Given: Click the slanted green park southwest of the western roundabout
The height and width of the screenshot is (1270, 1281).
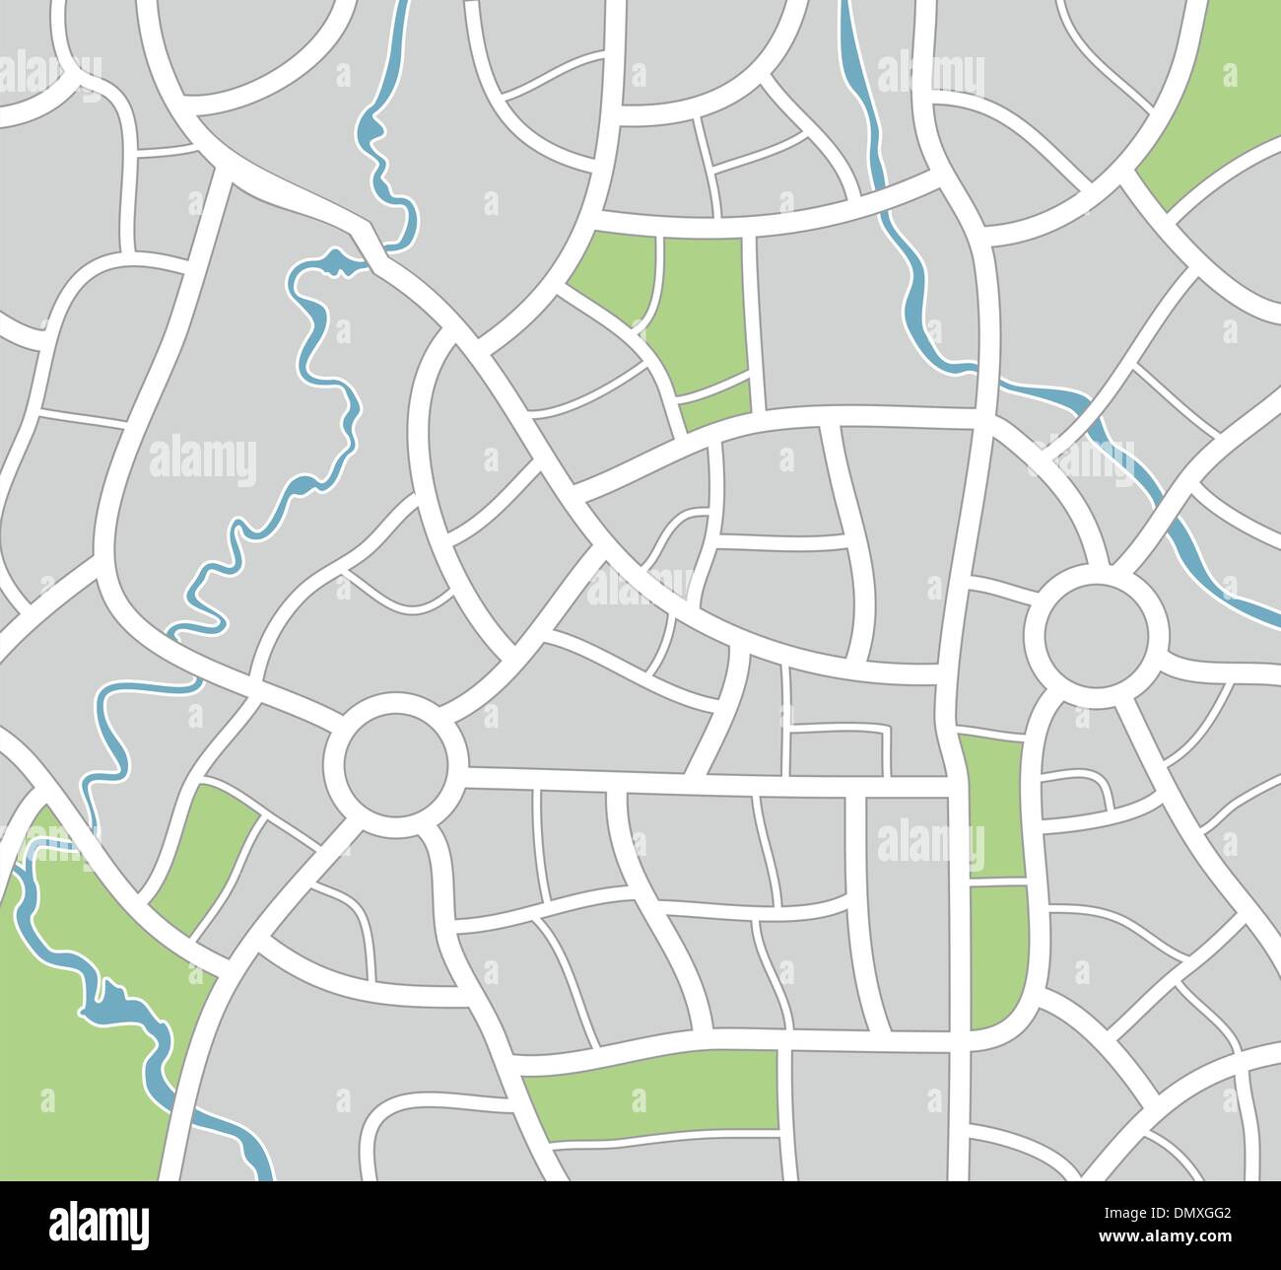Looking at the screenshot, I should (204, 859).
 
